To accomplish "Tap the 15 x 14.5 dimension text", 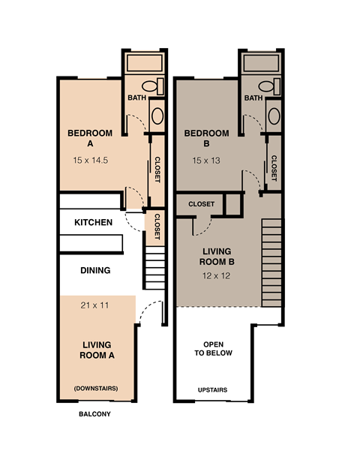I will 91,160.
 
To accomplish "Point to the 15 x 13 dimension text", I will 207,160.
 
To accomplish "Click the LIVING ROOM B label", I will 217,256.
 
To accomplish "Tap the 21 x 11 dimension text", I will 94,305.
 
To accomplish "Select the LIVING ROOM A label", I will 97,350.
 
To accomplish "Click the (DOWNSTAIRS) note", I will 96,388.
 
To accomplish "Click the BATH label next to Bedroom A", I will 136,98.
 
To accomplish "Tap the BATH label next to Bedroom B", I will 253,98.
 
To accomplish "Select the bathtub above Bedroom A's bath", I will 144,62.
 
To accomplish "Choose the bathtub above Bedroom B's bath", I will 261,62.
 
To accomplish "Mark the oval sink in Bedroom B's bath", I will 274,116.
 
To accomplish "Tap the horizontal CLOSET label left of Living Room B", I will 201,204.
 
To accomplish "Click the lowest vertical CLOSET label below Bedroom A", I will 157,227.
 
